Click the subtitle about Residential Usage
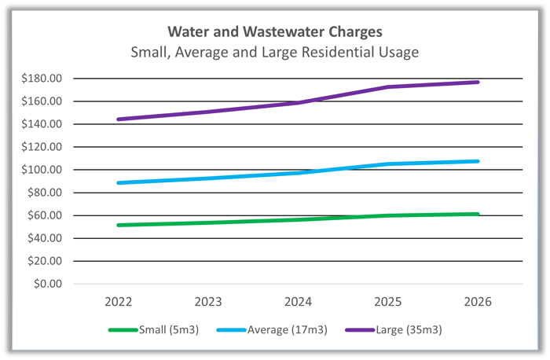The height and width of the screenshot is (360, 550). (x=274, y=53)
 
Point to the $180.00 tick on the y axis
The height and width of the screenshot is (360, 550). (x=44, y=79)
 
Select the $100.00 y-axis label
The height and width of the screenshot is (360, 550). (x=44, y=170)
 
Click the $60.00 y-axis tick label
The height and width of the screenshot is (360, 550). (x=46, y=215)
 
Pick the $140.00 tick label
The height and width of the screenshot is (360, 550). (x=44, y=124)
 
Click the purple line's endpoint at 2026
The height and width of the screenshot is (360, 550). (x=478, y=82)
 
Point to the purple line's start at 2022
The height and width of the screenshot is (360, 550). (x=118, y=119)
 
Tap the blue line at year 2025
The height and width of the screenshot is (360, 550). (x=387, y=164)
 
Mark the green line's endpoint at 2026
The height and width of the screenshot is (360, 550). (x=478, y=214)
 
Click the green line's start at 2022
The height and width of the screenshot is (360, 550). (x=118, y=226)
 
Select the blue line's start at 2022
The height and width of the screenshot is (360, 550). (x=118, y=183)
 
